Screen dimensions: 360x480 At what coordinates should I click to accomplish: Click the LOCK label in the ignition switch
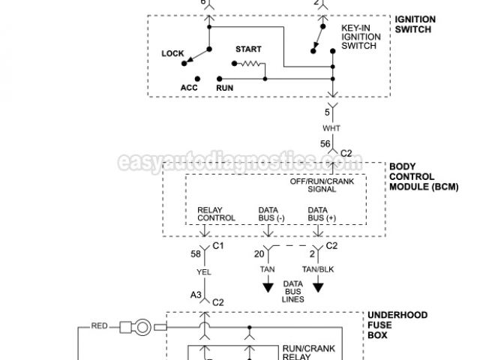(173, 53)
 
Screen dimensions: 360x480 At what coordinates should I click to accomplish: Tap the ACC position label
(189, 87)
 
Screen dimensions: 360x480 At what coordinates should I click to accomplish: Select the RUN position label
(225, 87)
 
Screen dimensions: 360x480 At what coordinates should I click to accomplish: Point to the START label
(248, 49)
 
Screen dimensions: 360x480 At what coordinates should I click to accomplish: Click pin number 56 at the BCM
(325, 144)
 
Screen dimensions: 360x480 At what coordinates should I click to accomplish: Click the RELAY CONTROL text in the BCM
(217, 214)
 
